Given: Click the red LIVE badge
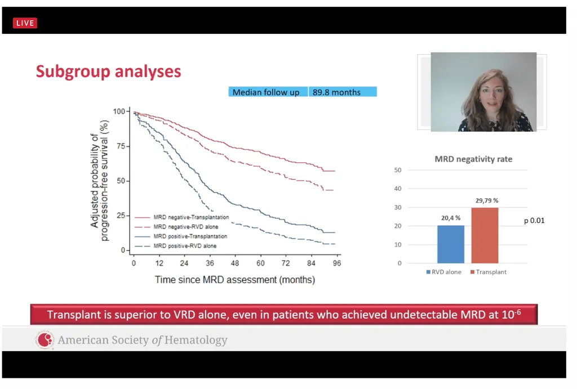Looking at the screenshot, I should coord(25,23).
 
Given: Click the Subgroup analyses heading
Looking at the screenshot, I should coord(108,71).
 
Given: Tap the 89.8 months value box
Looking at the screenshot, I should coord(342,92).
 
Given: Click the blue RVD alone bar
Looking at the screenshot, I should coord(451,244).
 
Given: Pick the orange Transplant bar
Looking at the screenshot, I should coord(485,235).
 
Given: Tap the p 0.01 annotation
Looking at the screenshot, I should coord(534,221).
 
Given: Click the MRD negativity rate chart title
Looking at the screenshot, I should coord(473,159).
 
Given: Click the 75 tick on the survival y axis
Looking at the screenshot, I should coord(119,146).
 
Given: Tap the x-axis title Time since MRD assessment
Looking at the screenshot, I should coord(235,279).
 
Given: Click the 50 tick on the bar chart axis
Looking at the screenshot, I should coord(398,170).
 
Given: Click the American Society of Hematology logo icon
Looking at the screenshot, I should coord(45,340).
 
